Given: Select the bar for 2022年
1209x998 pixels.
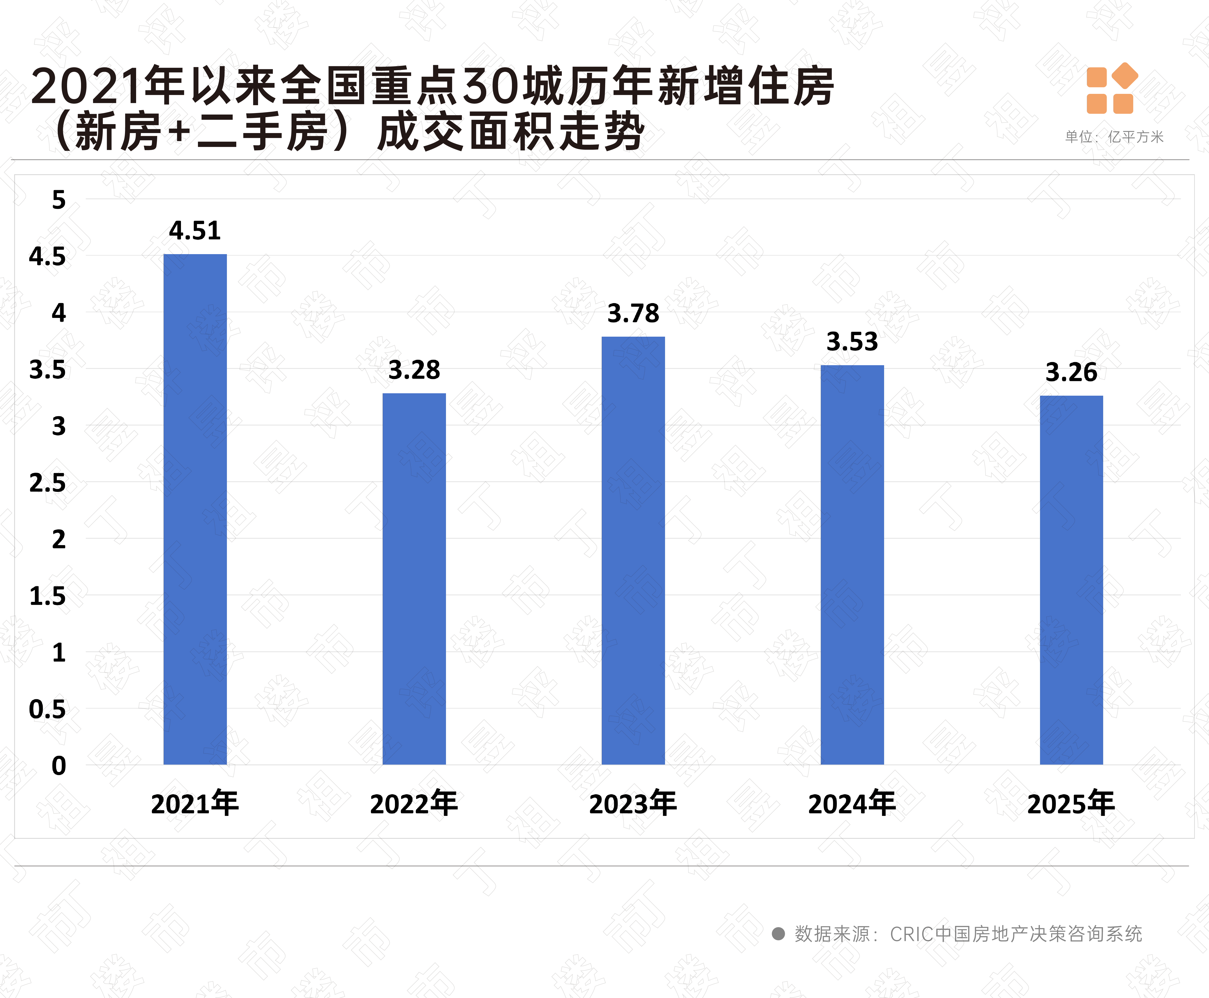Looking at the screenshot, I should coord(414,579).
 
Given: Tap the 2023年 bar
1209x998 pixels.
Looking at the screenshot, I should coord(633,551).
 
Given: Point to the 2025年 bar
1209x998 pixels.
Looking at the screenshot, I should coord(1071,580).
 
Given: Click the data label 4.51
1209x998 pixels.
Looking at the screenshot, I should coord(195,231).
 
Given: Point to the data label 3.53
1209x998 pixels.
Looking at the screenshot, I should coord(852,342).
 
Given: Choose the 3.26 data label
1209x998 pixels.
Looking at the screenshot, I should coord(1071,373).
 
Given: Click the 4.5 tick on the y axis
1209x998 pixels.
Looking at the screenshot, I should coord(48,256).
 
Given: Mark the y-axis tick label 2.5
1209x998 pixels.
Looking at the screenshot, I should coord(48,483).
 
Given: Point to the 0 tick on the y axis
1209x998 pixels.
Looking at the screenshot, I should coord(59,766).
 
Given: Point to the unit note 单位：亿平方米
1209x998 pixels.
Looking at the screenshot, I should coord(1114,137).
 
